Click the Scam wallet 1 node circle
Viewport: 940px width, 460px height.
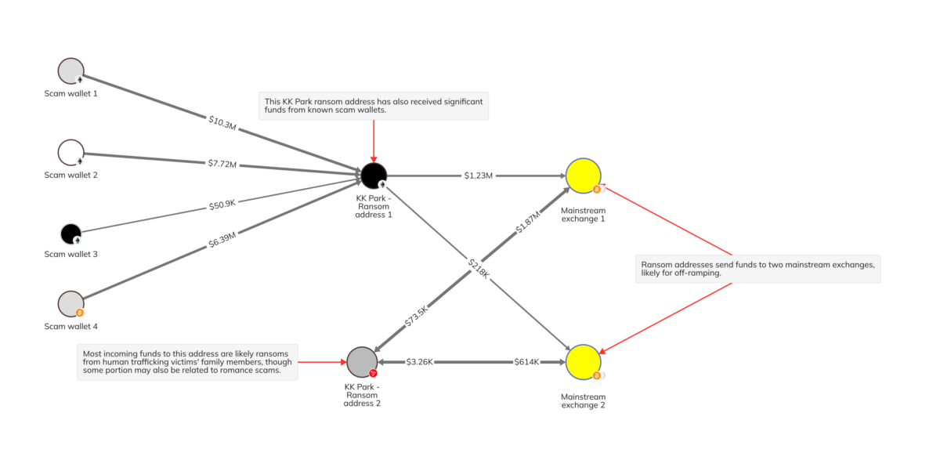tap(70, 70)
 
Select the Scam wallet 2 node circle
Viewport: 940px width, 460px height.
tap(70, 151)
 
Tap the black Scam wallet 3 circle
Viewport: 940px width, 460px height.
tap(70, 233)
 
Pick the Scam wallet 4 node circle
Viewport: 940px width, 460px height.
tap(70, 303)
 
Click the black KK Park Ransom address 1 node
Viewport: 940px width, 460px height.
tap(373, 175)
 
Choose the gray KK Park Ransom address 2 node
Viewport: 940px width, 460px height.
tap(362, 362)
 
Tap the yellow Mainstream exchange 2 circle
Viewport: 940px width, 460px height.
tap(583, 362)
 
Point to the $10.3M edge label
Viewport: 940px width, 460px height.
tap(223, 121)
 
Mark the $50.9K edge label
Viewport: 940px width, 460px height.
tap(222, 205)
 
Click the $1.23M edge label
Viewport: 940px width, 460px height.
tap(478, 176)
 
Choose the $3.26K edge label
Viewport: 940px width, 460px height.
tap(420, 362)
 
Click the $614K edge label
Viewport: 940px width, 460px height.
tap(526, 362)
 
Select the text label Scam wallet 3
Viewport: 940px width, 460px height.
tap(70, 255)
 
